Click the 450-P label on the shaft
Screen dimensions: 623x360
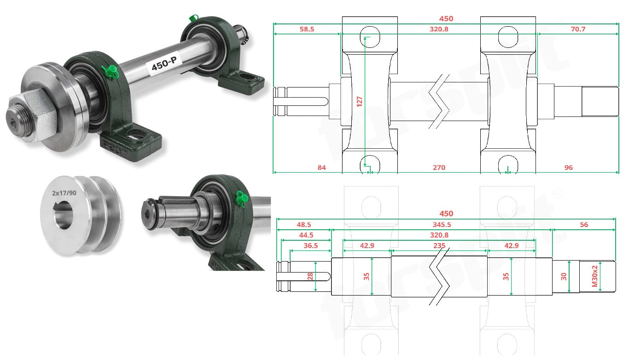164,64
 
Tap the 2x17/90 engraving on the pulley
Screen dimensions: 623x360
64,193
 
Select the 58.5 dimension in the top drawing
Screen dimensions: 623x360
307,29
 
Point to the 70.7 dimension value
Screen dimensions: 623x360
578,29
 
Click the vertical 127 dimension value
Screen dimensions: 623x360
359,101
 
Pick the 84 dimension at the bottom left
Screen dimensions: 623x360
321,168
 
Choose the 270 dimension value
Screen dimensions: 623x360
439,168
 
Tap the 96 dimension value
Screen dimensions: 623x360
569,168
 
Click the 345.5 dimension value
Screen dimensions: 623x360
442,225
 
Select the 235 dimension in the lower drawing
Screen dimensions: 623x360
439,246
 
